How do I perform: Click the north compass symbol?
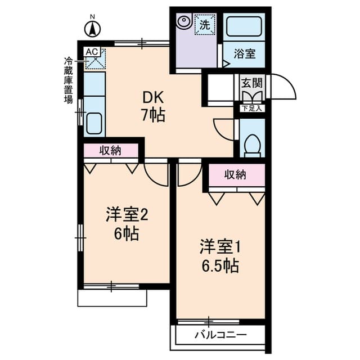92,29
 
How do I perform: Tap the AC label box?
92,52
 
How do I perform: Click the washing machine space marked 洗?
205,24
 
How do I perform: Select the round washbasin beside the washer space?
184,21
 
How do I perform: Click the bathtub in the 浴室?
244,26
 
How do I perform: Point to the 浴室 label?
245,54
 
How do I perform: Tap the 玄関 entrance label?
252,83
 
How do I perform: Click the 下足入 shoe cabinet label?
253,109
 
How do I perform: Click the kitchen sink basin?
94,123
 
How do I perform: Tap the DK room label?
153,97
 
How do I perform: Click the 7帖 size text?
153,115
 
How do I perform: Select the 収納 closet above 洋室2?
111,151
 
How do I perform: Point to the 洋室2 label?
127,215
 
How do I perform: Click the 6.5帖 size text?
220,266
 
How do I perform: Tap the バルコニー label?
220,335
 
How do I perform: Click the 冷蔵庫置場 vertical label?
68,80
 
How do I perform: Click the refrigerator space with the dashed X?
96,59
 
